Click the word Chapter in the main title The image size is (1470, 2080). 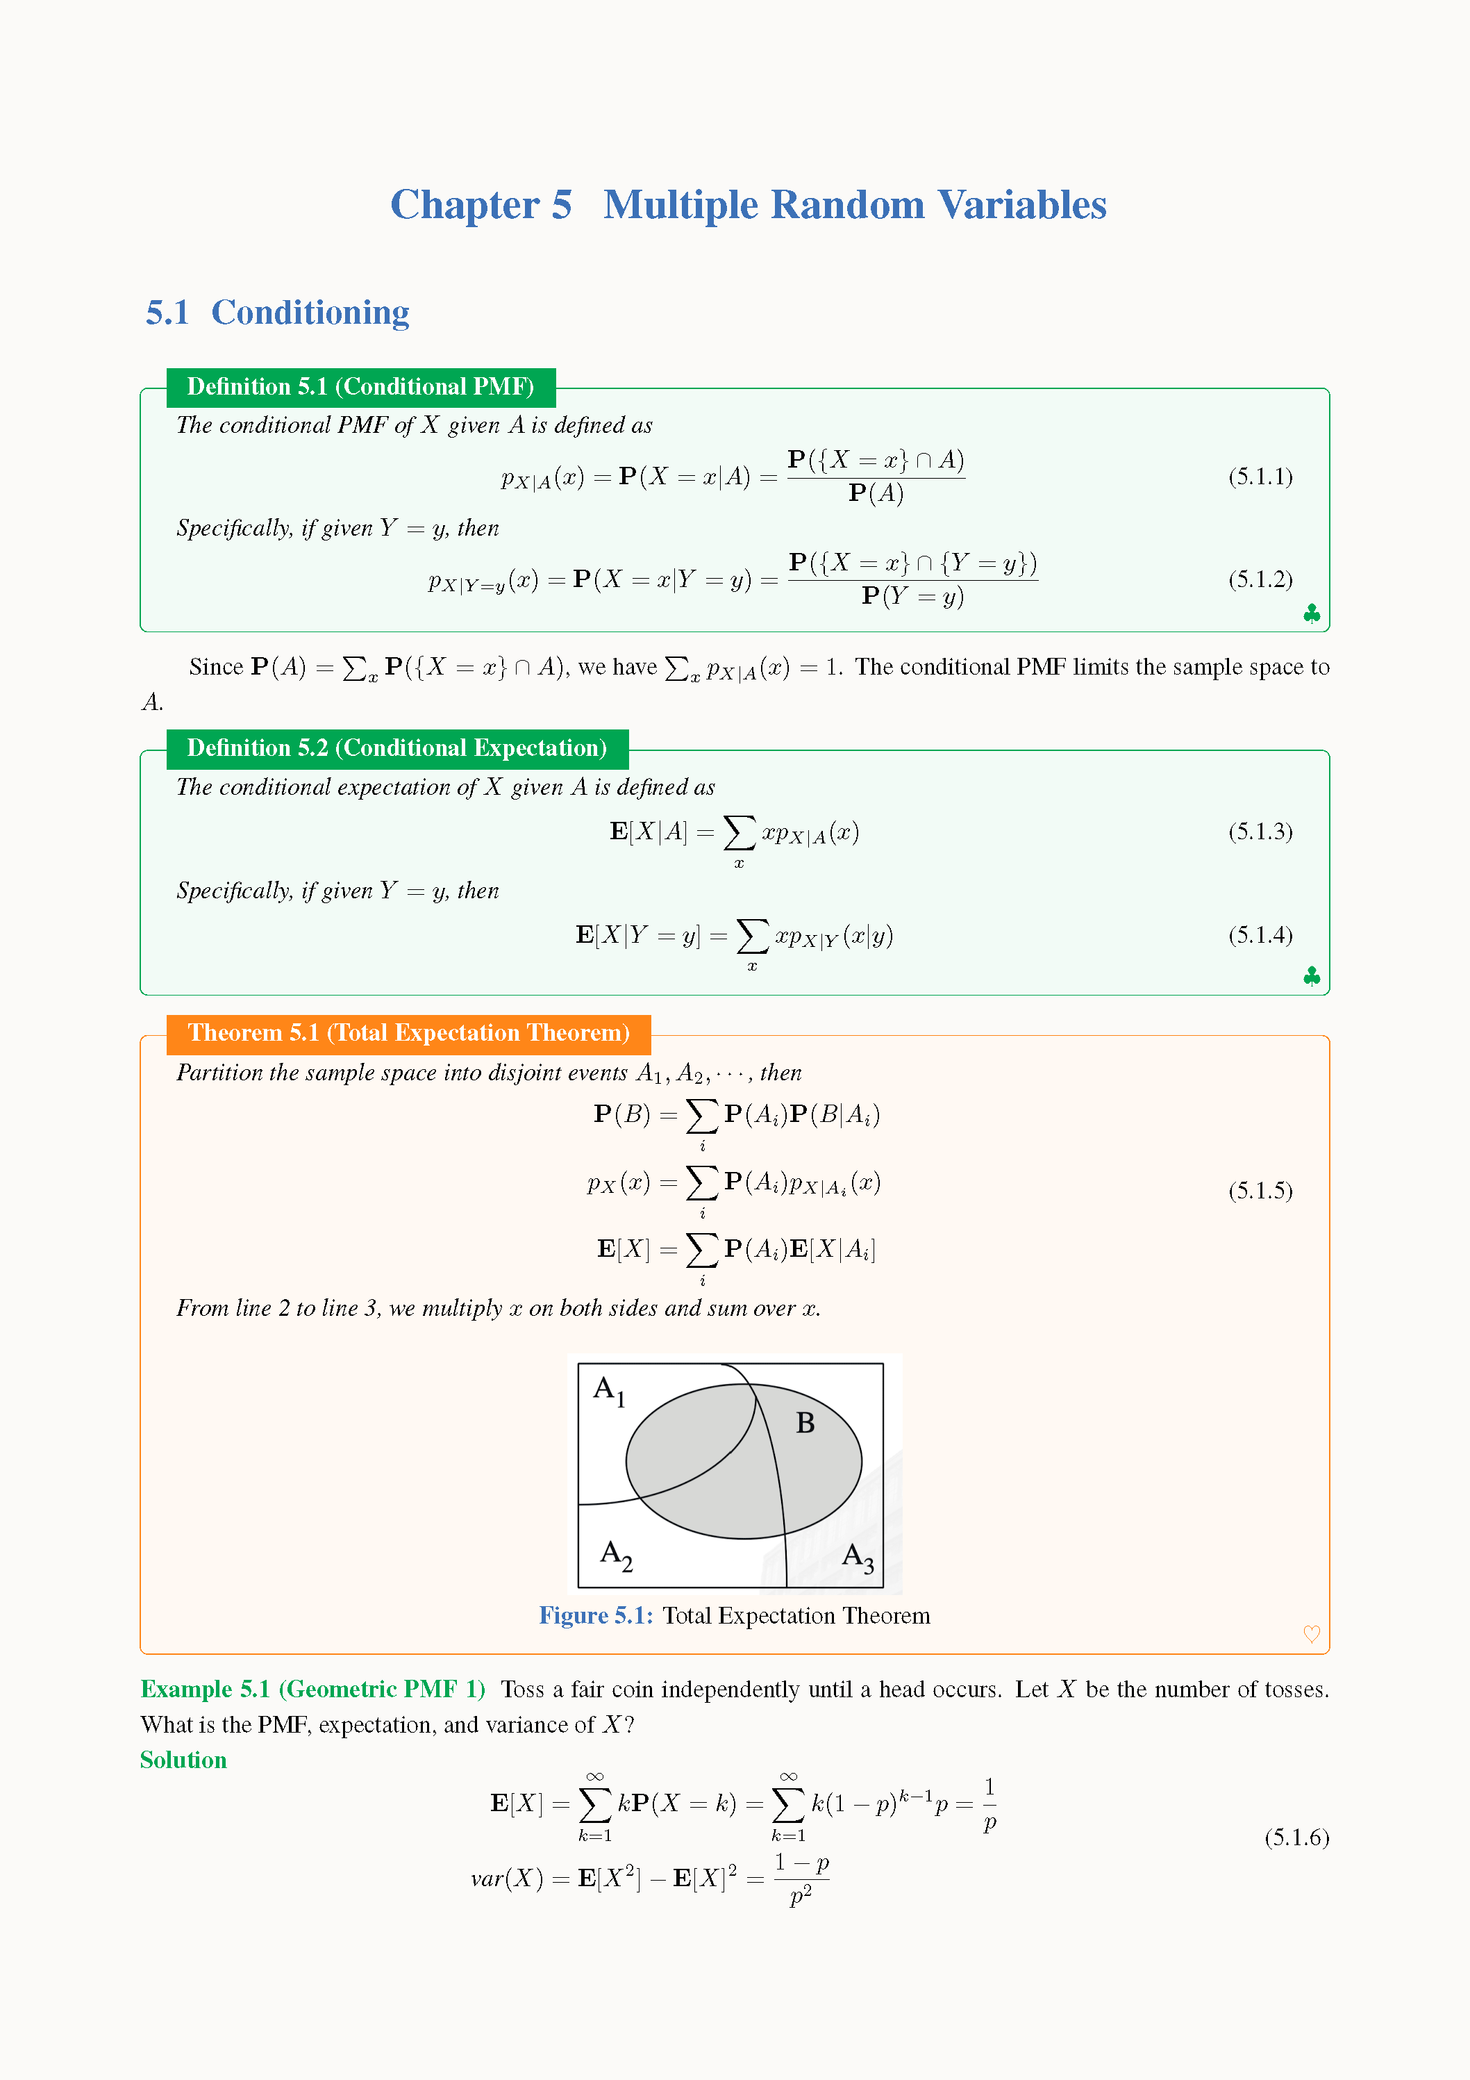click(465, 206)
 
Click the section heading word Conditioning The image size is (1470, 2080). click(310, 313)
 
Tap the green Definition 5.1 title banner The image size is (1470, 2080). click(360, 387)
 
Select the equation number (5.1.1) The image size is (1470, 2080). click(1260, 477)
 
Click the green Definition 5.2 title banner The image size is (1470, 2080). click(396, 748)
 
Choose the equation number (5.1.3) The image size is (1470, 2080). click(1260, 832)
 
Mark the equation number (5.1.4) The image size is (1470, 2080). click(1260, 935)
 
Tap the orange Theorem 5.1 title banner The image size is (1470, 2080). click(408, 1034)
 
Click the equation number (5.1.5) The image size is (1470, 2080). click(1260, 1190)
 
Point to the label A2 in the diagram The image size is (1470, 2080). click(616, 1555)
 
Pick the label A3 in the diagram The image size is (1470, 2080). click(858, 1558)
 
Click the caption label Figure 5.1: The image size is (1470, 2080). click(595, 1615)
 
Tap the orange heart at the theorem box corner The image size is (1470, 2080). click(1310, 1633)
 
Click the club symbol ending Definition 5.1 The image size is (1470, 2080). click(1310, 614)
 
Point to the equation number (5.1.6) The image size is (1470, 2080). click(1296, 1838)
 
